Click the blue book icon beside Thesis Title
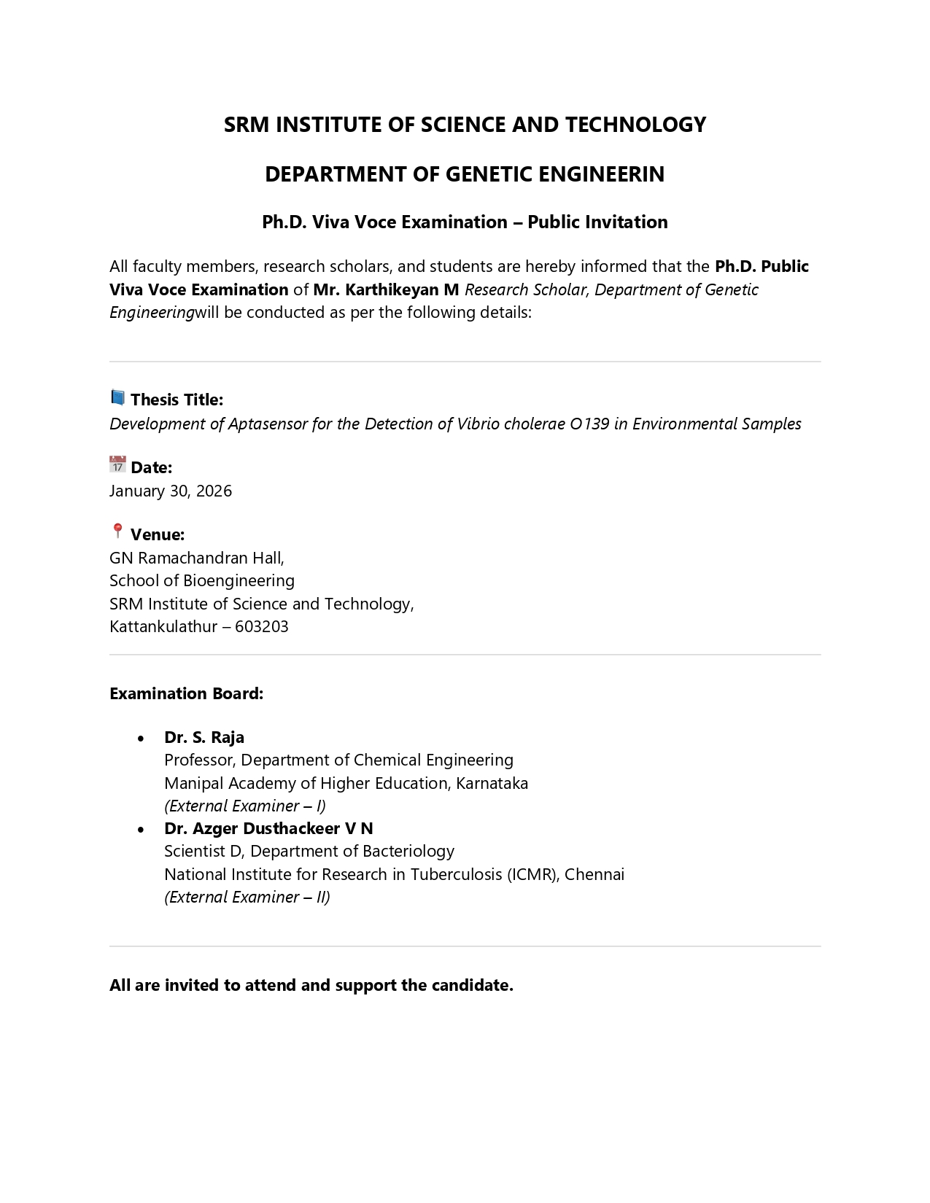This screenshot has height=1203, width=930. pos(117,397)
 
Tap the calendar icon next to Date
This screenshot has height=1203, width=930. pos(117,464)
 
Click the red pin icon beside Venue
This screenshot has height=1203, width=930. pos(117,531)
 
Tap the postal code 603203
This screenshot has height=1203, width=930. pos(262,626)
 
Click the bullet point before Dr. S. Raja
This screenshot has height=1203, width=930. pos(141,739)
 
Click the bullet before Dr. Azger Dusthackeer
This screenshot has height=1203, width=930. pos(141,830)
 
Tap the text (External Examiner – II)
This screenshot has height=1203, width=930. pos(247,897)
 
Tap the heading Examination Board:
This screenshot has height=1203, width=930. pos(186,693)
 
